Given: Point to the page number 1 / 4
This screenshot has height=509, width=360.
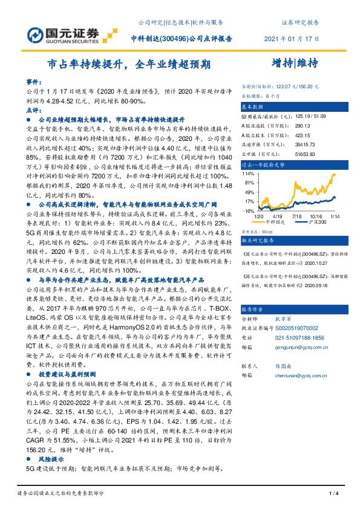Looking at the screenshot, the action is (x=332, y=494).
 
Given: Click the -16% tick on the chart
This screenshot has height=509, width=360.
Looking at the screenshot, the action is (x=248, y=211).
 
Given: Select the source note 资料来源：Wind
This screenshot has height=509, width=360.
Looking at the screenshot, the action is (x=255, y=231).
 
